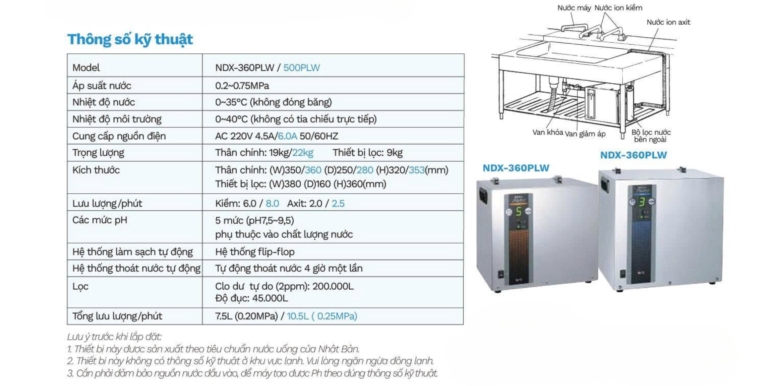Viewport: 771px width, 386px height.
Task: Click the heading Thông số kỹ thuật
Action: pyautogui.click(x=130, y=40)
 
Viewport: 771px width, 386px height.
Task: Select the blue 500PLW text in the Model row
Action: pyautogui.click(x=301, y=68)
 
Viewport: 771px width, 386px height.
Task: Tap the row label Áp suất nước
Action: pyautogui.click(x=102, y=86)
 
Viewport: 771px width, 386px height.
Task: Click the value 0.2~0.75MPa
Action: pyautogui.click(x=242, y=86)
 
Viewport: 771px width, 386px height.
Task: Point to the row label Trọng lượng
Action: pyautogui.click(x=98, y=153)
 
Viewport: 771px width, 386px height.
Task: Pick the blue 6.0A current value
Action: pyautogui.click(x=287, y=136)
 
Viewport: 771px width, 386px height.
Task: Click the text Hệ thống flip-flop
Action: pyautogui.click(x=255, y=252)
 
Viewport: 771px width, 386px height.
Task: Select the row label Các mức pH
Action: pyautogui.click(x=100, y=220)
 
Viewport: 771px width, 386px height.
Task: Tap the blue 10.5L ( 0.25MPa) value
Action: pyautogui.click(x=322, y=316)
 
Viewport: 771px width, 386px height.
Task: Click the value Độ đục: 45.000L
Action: pyautogui.click(x=251, y=298)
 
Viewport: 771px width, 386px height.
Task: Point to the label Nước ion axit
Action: pyautogui.click(x=668, y=22)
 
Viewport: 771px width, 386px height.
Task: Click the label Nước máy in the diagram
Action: pyautogui.click(x=574, y=8)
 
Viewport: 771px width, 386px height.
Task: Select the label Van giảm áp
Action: pyautogui.click(x=585, y=134)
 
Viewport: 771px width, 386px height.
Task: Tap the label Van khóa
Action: pyautogui.click(x=547, y=132)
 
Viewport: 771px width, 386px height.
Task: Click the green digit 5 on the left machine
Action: pyautogui.click(x=518, y=211)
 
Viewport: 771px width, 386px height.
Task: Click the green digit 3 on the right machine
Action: pyautogui.click(x=642, y=202)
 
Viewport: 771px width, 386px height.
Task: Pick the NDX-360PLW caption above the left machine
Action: pyautogui.click(x=516, y=168)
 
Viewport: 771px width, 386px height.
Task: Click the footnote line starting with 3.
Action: pyautogui.click(x=252, y=373)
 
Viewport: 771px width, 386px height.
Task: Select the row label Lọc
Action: pyautogui.click(x=80, y=287)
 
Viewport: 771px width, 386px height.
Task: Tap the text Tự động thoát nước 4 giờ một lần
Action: pyautogui.click(x=289, y=269)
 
